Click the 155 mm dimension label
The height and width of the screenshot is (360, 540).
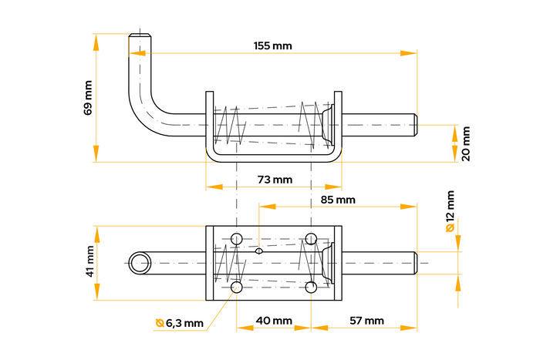point(272,46)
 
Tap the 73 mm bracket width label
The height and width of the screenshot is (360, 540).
point(274,180)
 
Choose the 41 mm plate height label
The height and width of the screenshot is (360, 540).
point(88,261)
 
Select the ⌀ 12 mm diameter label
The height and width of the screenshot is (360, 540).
point(451,213)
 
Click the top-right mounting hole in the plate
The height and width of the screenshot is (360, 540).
point(311,237)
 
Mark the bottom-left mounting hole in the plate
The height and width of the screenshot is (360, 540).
point(236,288)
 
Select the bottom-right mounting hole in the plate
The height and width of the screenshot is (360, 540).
point(311,288)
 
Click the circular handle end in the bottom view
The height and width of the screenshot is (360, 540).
point(140,263)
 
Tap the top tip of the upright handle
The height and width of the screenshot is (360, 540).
point(138,35)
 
